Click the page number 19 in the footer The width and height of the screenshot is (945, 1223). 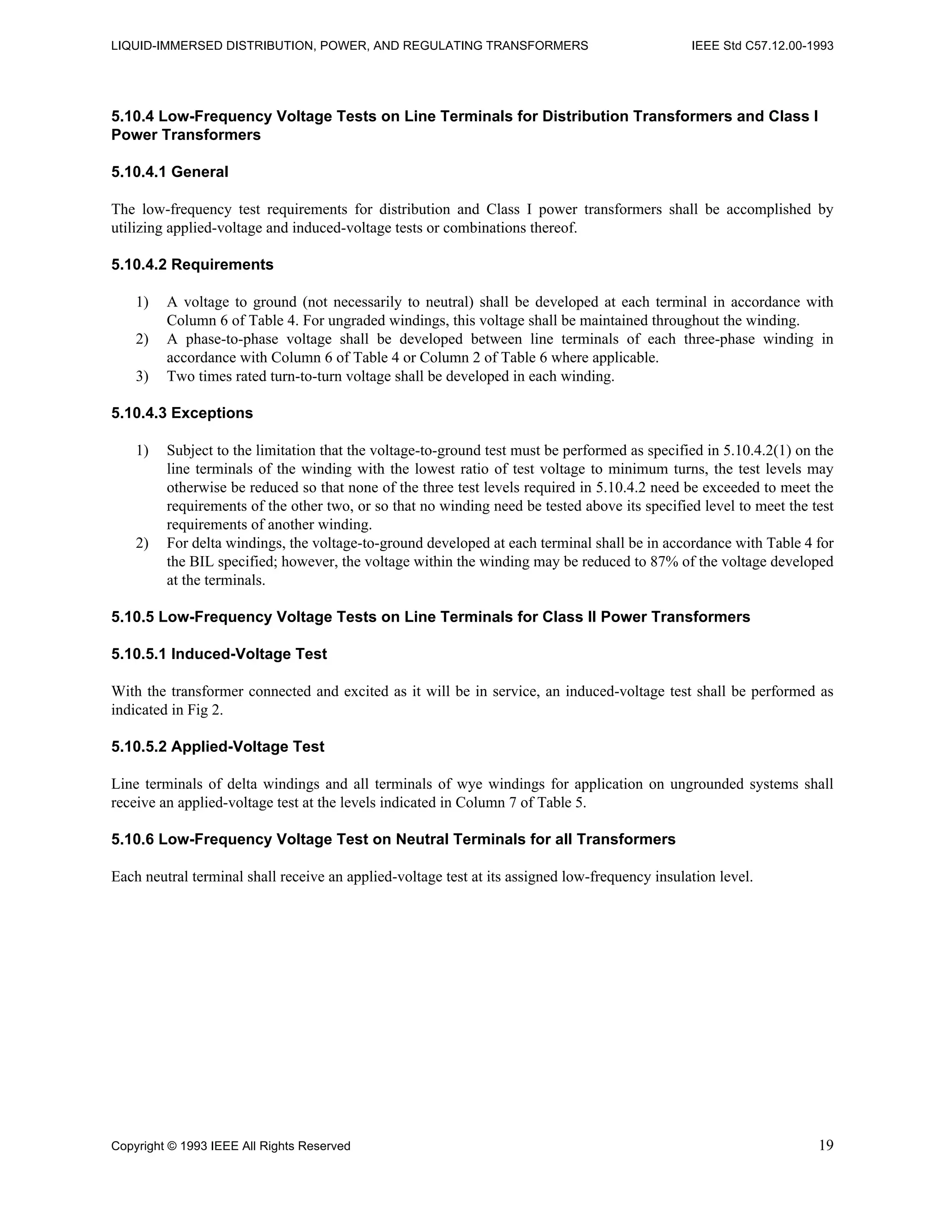click(826, 1145)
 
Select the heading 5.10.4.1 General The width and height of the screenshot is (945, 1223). click(170, 172)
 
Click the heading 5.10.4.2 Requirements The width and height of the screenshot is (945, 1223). click(192, 264)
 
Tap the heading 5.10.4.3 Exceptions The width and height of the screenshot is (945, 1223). click(182, 413)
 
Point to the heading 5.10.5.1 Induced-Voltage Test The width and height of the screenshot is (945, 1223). click(219, 654)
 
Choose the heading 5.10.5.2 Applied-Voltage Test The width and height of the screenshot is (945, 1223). click(218, 746)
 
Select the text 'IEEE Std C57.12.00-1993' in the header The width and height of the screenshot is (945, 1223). click(762, 46)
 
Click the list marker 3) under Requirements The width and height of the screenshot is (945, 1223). click(142, 376)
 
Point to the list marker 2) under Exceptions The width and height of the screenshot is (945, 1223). click(142, 543)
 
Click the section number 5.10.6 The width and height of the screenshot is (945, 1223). click(133, 839)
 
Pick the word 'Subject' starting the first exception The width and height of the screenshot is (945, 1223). click(186, 451)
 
